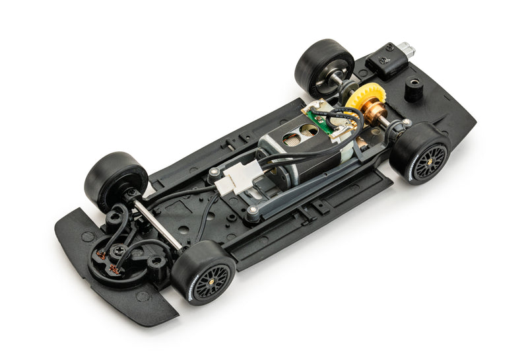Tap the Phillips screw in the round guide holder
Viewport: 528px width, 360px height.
point(119,250)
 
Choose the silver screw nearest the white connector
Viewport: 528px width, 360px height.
point(213,172)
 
